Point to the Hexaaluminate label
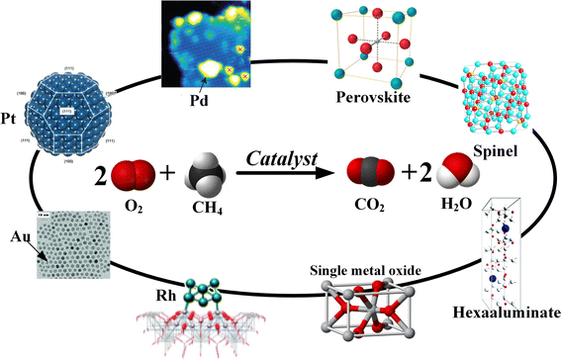coord(505,339)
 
